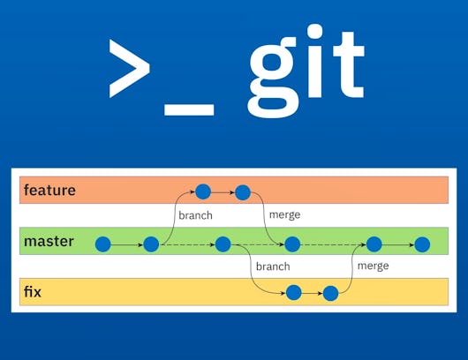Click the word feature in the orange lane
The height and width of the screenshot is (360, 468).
[x=49, y=191]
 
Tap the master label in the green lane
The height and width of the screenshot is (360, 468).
[x=49, y=241]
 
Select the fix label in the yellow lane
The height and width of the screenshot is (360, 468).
[x=34, y=290]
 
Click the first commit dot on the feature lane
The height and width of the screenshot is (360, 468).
[x=203, y=191]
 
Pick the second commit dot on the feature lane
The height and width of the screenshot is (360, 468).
[x=243, y=191]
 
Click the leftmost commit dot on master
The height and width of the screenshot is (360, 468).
[x=103, y=244]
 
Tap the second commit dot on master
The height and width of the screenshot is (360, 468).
[x=150, y=244]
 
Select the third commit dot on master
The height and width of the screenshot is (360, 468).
[x=223, y=244]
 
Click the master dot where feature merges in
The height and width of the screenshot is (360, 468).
[x=292, y=244]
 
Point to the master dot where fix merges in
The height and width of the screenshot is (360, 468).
[x=374, y=244]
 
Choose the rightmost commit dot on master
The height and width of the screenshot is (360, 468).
[x=422, y=244]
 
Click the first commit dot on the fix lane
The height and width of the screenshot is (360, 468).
[x=293, y=293]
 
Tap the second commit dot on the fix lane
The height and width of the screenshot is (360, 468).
[x=331, y=293]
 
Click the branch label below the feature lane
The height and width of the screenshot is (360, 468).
[x=195, y=215]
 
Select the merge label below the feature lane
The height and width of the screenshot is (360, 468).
[x=283, y=214]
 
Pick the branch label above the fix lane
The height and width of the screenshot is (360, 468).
[x=273, y=266]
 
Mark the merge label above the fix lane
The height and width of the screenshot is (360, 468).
[x=373, y=266]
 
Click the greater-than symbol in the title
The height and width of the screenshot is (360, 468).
[x=129, y=69]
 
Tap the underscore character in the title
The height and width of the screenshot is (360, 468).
[x=189, y=109]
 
